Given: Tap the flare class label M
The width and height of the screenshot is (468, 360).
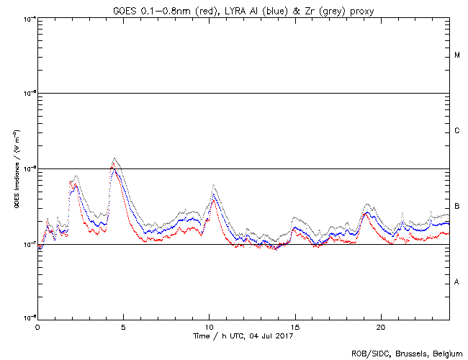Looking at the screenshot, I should pos(456,55).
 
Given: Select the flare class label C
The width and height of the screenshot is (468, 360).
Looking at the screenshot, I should pos(456,131).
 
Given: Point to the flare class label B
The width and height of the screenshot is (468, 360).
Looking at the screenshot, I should pos(456,207).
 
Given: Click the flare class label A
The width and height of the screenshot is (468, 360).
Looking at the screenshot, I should pos(456,282).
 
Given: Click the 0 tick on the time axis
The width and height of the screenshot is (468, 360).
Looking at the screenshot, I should pos(37,326).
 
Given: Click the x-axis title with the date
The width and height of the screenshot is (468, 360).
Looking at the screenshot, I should pos(243,336).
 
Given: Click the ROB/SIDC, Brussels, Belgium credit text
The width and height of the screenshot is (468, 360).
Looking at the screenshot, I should pos(407,353).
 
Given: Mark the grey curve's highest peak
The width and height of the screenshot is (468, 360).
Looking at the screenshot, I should pos(114,158).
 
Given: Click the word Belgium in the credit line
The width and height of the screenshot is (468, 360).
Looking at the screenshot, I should pos(446,353).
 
